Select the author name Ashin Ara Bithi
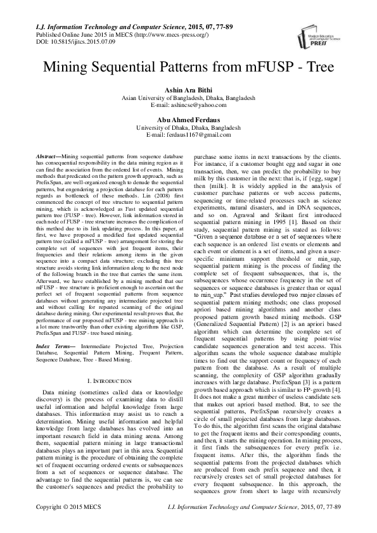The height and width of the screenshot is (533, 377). pyautogui.click(x=188, y=91)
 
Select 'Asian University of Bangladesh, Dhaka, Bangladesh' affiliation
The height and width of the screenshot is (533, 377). pyautogui.click(x=188, y=99)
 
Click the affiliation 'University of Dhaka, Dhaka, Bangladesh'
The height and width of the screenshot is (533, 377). pyautogui.click(x=188, y=127)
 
